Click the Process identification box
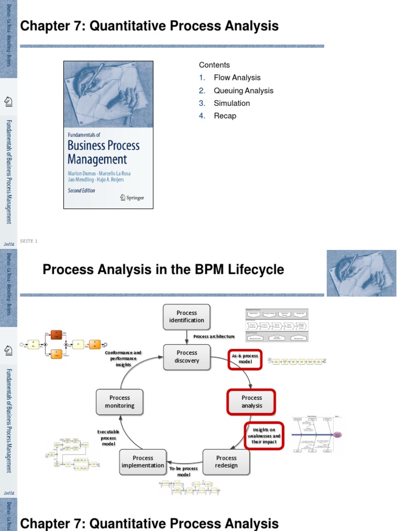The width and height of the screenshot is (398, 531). [x=187, y=316]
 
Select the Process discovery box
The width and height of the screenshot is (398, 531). [x=187, y=357]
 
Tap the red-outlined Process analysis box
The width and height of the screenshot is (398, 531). [x=252, y=402]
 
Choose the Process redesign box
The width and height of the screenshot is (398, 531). [x=226, y=462]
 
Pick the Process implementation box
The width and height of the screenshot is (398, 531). [x=143, y=462]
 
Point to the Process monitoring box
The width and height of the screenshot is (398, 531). [x=120, y=402]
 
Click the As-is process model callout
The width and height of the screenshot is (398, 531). [x=246, y=359]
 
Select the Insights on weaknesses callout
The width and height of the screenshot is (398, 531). [x=264, y=436]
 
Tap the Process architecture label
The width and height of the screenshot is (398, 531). [x=214, y=337]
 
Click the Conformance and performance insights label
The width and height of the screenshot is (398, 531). [x=123, y=358]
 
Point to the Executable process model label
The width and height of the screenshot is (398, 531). [x=108, y=438]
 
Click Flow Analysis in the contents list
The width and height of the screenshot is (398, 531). [x=237, y=78]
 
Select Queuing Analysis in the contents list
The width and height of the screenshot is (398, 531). [x=244, y=91]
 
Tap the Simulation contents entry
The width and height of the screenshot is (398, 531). [x=232, y=103]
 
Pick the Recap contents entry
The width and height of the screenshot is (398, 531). [x=225, y=116]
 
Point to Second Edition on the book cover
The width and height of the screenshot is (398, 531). [x=81, y=191]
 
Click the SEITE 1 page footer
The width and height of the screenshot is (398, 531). [x=29, y=241]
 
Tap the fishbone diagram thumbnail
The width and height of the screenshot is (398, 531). [x=317, y=434]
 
